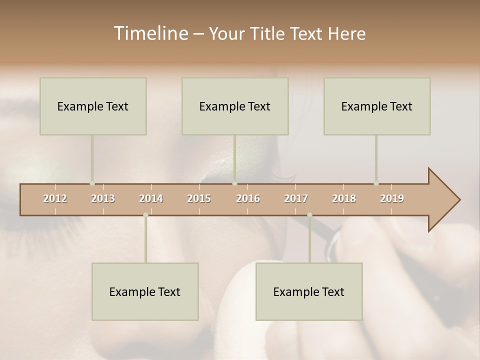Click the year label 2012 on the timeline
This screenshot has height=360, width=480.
[55, 198]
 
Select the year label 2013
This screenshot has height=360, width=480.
[103, 198]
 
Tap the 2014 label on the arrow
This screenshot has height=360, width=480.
[151, 198]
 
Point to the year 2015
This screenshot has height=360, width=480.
[199, 198]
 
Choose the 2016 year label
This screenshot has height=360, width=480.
[248, 198]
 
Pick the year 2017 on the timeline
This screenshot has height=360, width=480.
[296, 198]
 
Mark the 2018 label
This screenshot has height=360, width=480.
[344, 198]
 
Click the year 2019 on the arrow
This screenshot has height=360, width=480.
[392, 198]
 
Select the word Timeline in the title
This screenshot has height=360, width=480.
[150, 33]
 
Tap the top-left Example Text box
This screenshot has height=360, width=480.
[93, 106]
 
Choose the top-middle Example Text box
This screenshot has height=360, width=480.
[235, 106]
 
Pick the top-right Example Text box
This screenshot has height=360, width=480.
[377, 106]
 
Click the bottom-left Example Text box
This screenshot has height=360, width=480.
[145, 291]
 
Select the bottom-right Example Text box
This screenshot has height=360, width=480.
[309, 291]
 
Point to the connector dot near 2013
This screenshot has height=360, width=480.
[92, 183]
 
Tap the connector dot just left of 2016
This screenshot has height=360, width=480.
[234, 183]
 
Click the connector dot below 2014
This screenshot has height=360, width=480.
[145, 215]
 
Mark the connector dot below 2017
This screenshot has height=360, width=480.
[309, 215]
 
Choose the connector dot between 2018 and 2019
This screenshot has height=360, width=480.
[376, 183]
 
